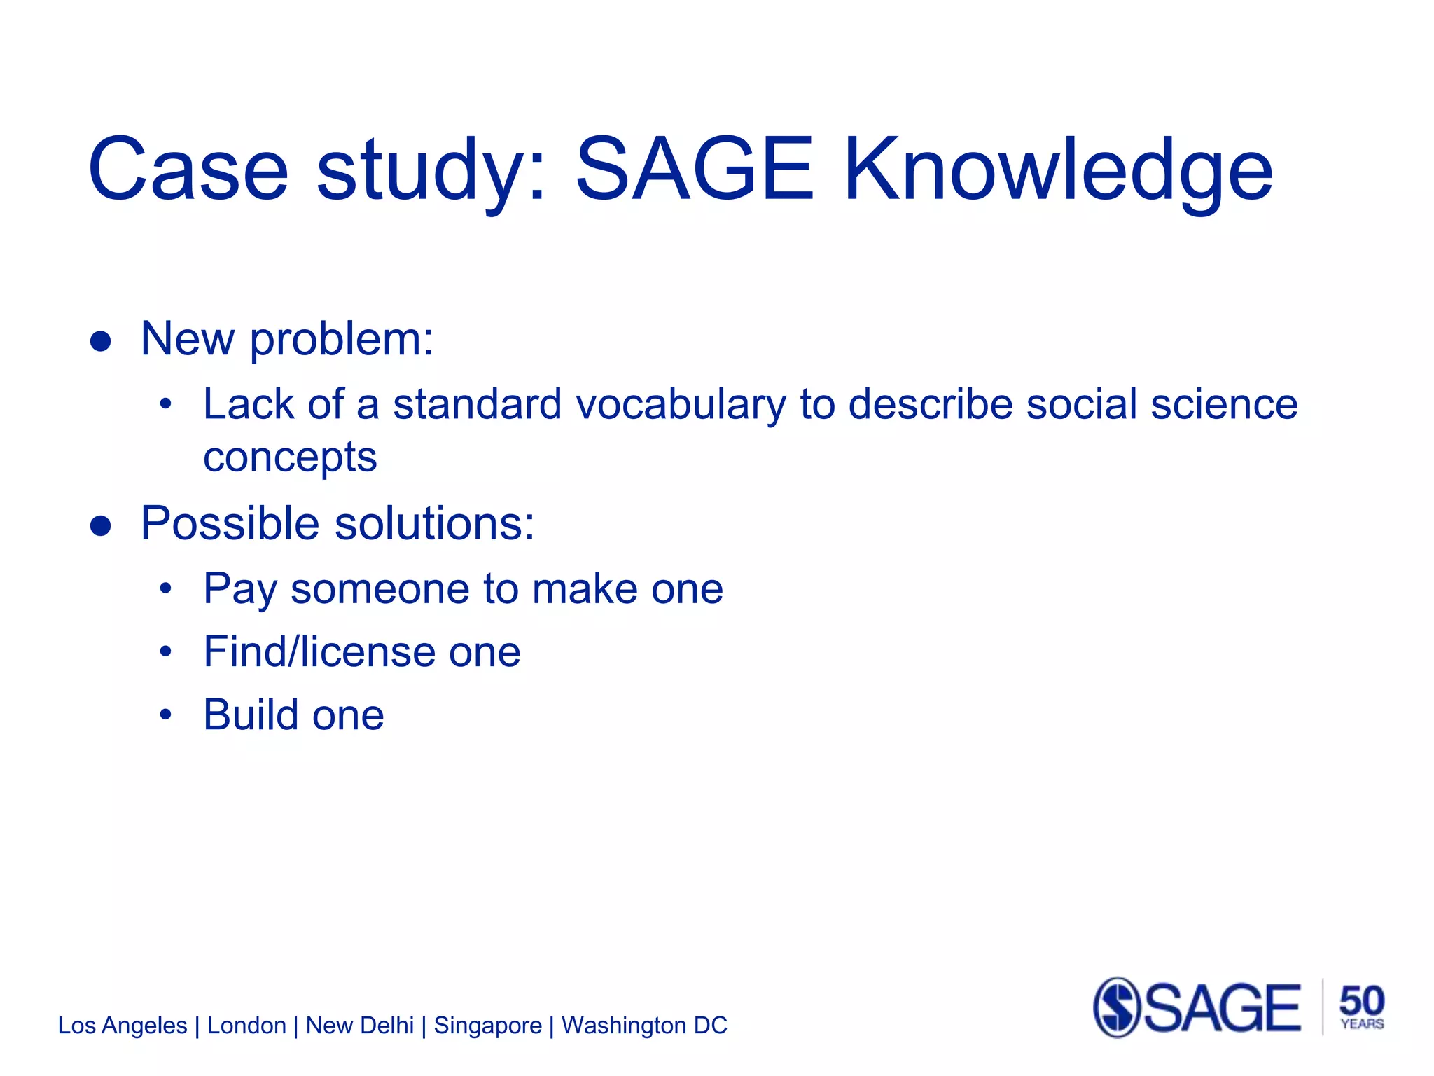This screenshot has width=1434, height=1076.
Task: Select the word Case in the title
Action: pyautogui.click(x=188, y=170)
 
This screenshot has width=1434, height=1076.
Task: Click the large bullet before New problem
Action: pyautogui.click(x=101, y=341)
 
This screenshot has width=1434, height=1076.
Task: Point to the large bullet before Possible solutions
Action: pyautogui.click(x=101, y=526)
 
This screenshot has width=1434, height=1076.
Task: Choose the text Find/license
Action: pyautogui.click(x=319, y=651)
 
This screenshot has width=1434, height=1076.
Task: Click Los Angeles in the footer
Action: pyautogui.click(x=123, y=1026)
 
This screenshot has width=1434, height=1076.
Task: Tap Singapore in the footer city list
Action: pyautogui.click(x=487, y=1026)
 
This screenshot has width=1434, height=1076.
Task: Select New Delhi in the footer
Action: pyautogui.click(x=360, y=1026)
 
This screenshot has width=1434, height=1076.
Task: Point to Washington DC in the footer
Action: pyautogui.click(x=644, y=1026)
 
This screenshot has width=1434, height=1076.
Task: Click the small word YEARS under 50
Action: pyautogui.click(x=1362, y=1024)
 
